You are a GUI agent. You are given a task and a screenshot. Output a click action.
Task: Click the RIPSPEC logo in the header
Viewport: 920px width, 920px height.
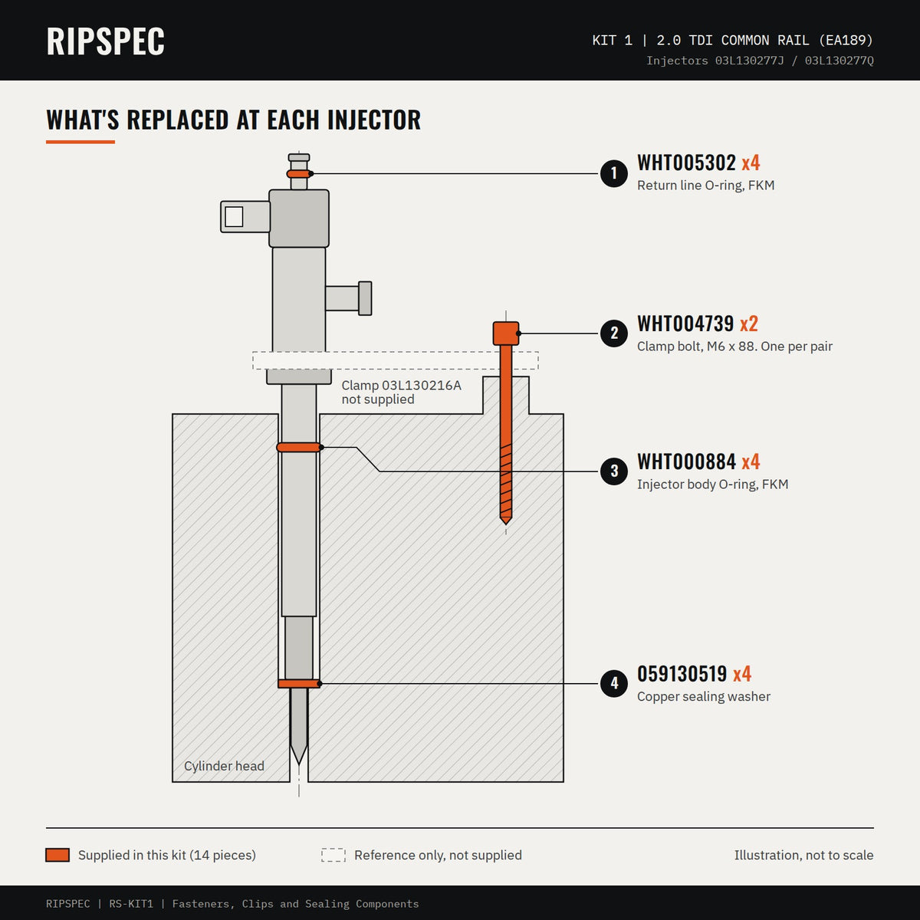tap(105, 41)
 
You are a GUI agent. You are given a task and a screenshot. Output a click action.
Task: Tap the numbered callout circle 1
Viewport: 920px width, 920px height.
tap(614, 173)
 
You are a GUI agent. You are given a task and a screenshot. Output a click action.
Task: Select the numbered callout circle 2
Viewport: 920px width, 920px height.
tap(614, 333)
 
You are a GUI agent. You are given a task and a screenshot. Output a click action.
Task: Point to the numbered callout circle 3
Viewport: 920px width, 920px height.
tap(614, 472)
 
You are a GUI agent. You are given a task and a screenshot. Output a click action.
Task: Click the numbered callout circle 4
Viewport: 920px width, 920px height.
tap(614, 683)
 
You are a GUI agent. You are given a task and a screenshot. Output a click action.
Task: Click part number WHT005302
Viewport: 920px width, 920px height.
tap(686, 163)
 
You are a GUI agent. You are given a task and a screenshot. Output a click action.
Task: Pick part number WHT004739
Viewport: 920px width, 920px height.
tap(685, 324)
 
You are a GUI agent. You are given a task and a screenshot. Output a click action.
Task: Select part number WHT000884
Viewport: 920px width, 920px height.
tap(686, 462)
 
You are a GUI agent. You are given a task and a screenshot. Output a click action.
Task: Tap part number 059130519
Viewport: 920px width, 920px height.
tap(682, 674)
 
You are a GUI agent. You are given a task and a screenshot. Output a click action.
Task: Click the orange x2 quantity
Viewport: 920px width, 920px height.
tap(748, 324)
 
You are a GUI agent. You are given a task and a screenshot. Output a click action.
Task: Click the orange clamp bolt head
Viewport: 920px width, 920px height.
tap(506, 333)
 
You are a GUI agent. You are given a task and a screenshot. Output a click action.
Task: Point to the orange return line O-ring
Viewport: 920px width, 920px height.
tap(299, 174)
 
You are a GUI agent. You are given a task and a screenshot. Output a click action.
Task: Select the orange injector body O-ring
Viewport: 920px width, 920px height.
tap(299, 447)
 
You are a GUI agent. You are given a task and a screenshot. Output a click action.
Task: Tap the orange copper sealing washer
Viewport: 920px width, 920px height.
tap(299, 684)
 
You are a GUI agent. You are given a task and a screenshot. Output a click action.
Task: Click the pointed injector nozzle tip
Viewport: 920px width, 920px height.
tap(299, 764)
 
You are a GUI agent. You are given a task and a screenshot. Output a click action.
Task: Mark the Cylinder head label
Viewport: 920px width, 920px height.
tap(224, 766)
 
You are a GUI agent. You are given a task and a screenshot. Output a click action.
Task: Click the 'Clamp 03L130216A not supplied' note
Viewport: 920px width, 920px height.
tap(402, 392)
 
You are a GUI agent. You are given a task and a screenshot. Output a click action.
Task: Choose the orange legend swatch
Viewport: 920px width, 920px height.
tap(58, 855)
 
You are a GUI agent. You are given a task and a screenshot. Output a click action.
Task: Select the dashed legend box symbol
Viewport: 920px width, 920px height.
tap(333, 855)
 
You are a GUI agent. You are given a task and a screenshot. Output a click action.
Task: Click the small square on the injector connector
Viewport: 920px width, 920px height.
tap(234, 217)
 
